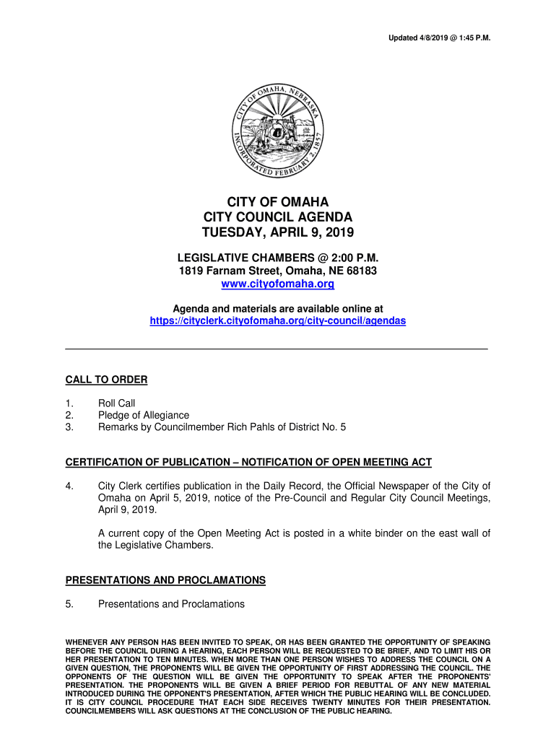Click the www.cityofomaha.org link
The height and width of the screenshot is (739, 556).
[278, 284]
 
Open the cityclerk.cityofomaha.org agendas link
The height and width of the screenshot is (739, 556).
[278, 321]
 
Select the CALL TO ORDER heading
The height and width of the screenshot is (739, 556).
[106, 380]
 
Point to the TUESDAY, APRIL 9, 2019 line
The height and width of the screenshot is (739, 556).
[278, 232]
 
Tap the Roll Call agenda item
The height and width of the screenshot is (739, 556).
[117, 403]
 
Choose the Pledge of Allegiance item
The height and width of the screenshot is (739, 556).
[144, 415]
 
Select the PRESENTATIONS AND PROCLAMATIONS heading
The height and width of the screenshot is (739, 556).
[165, 580]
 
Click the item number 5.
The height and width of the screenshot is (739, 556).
[69, 604]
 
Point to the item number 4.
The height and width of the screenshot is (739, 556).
[69, 486]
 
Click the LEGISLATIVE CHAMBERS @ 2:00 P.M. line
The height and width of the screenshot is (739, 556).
[278, 258]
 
